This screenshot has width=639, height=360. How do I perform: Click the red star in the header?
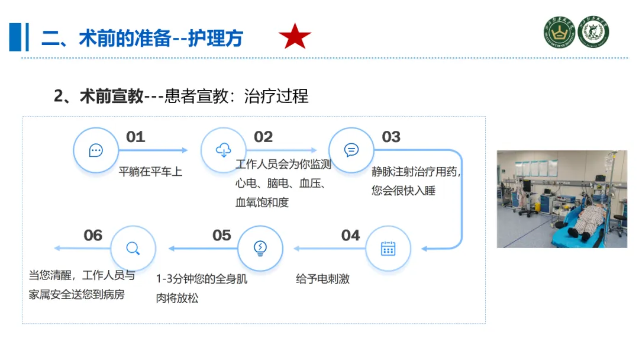tap(295, 37)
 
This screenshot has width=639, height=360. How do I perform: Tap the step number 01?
tap(135, 137)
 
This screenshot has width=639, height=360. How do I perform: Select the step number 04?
tap(351, 235)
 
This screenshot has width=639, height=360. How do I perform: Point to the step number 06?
tap(93, 235)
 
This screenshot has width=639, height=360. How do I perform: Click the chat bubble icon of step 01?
tap(96, 150)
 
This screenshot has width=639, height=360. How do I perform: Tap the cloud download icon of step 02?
tap(224, 150)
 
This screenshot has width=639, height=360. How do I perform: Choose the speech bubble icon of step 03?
tap(351, 150)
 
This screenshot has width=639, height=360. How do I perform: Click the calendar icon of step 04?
tap(388, 249)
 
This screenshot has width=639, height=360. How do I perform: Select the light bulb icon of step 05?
tap(260, 249)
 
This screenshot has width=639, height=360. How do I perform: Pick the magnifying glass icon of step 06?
tap(133, 249)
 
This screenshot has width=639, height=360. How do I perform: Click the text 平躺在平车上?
tap(151, 172)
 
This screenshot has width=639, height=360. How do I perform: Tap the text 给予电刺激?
tap(322, 279)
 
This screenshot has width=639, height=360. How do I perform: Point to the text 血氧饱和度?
tap(262, 202)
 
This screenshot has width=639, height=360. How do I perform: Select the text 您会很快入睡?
tap(404, 191)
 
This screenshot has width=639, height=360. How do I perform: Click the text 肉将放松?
tap(177, 298)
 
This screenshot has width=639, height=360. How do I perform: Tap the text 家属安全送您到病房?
tap(77, 294)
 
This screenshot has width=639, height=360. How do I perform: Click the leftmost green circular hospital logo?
tap(560, 32)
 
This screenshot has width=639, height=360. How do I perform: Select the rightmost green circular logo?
tap(593, 32)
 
